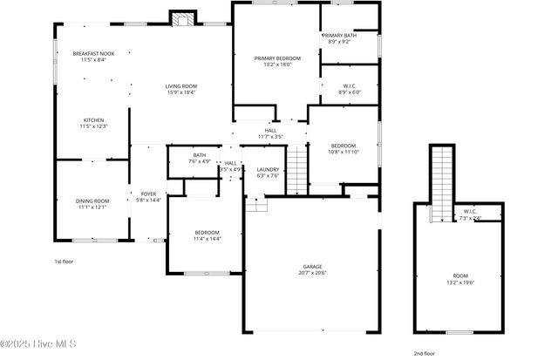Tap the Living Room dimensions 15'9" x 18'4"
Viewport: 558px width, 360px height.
[x=182, y=92]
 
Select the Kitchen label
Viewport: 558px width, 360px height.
[x=93, y=120]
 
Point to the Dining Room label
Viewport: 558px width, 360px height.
[x=92, y=201]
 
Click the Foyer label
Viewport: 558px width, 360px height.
[x=148, y=194]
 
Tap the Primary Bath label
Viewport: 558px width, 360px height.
[x=339, y=35]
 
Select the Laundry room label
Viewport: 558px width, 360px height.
[x=268, y=170]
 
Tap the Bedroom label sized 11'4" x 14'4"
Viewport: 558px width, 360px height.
[x=207, y=232]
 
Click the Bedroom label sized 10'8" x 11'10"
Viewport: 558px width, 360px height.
[x=344, y=145]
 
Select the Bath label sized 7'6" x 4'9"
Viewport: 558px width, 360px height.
[x=200, y=155]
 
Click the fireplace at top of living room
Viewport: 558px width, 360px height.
[x=182, y=19]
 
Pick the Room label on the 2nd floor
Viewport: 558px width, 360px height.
[x=460, y=275]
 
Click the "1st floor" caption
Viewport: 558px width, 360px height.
[x=64, y=261]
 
